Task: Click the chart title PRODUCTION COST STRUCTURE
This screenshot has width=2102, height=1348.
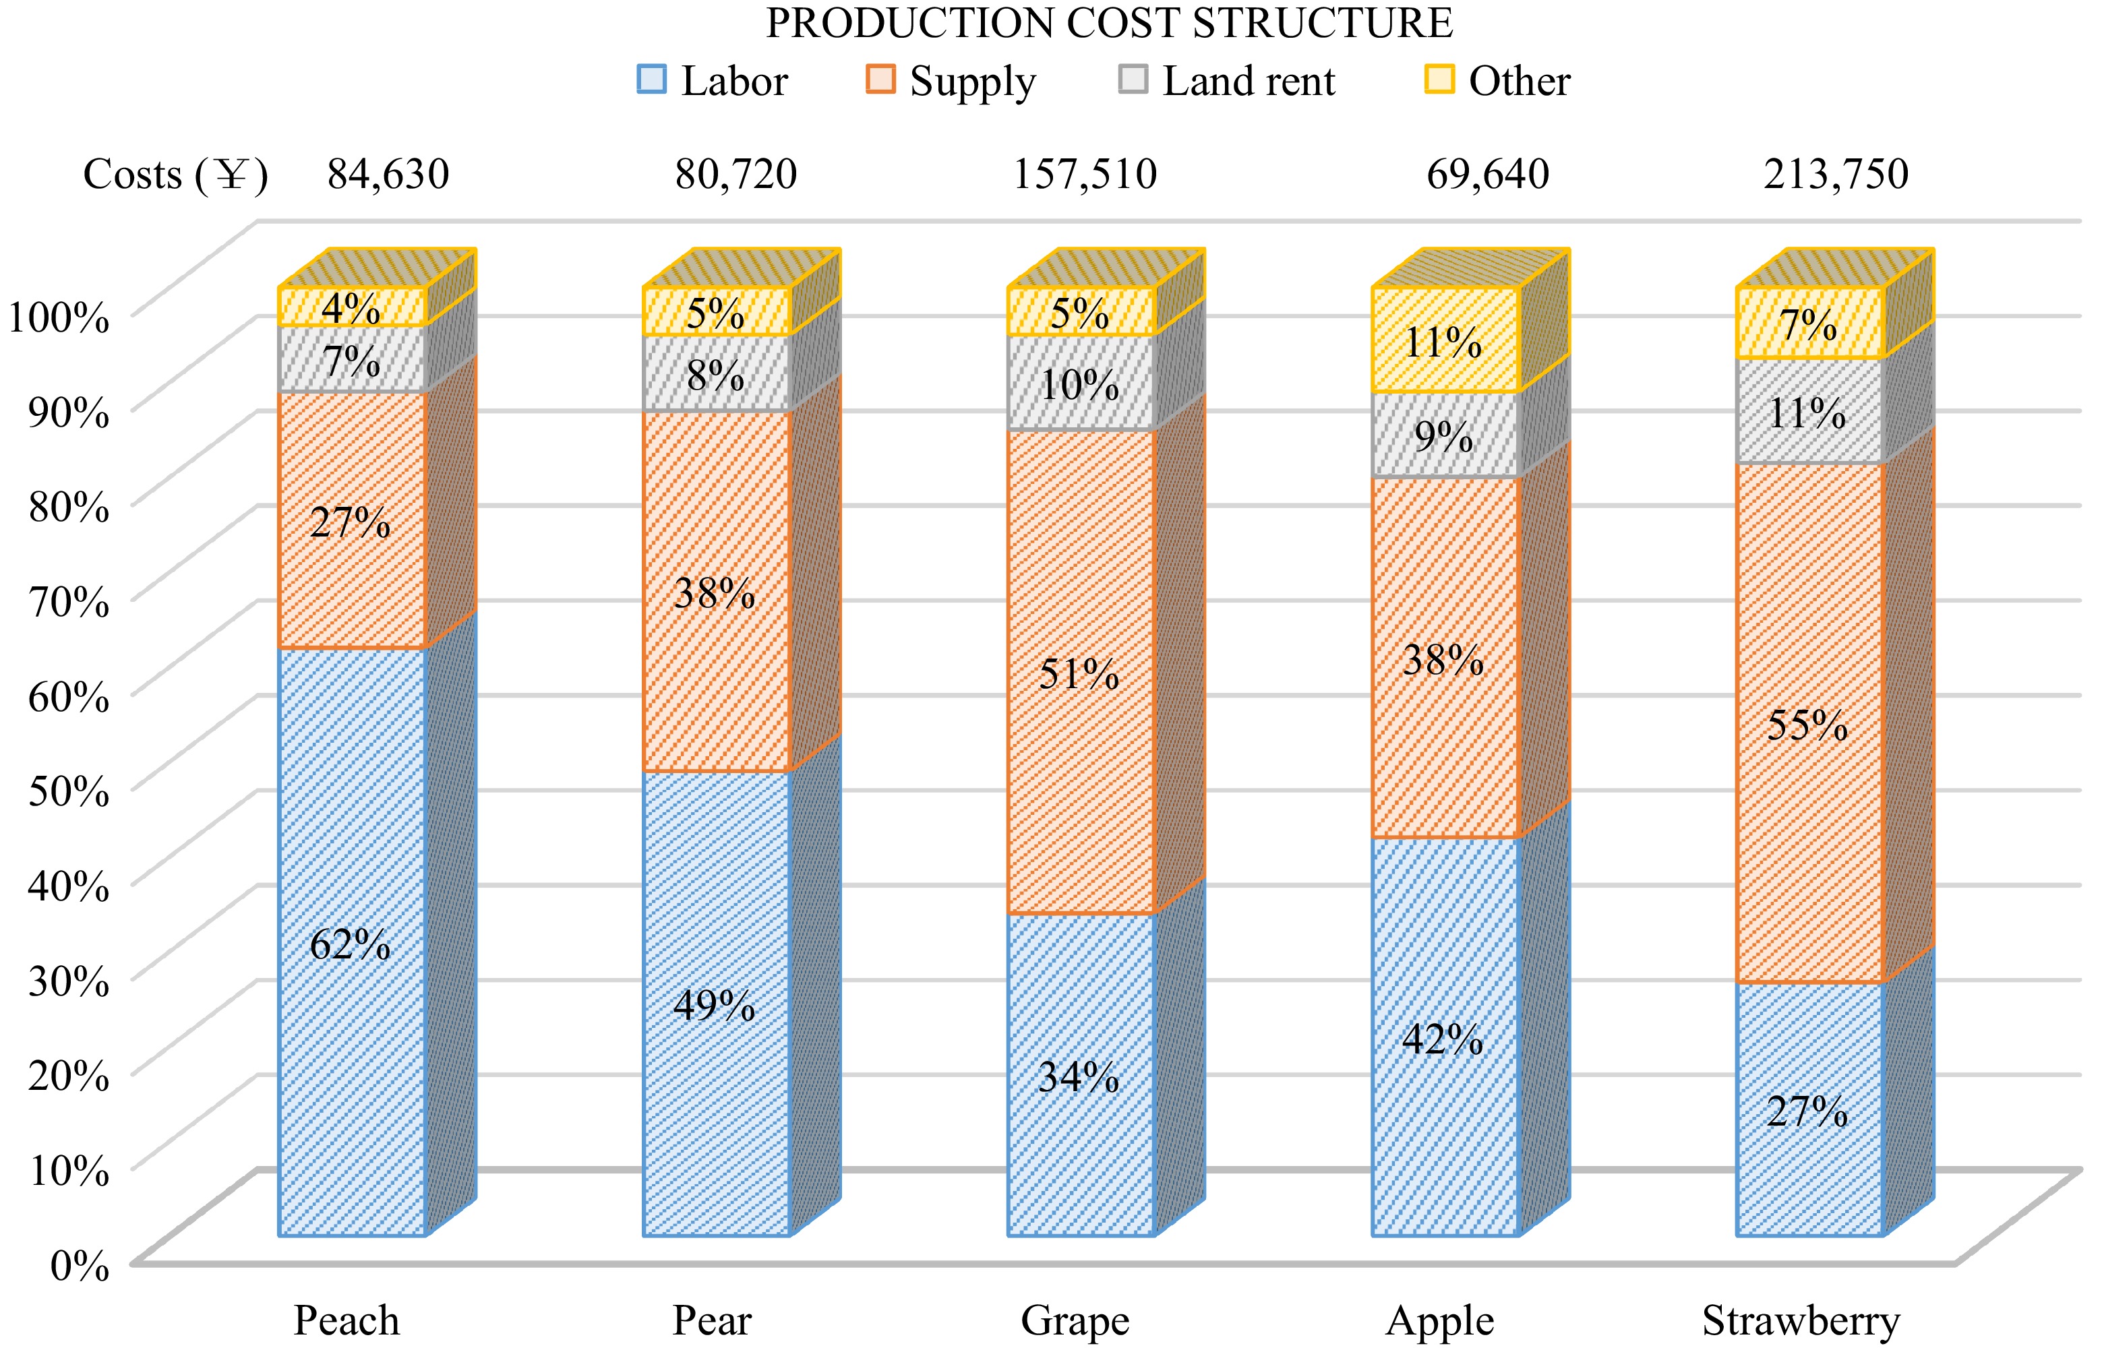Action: [x=1109, y=24]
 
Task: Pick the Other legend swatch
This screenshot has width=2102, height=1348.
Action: [x=1439, y=80]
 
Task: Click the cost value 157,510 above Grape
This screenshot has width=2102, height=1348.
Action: [x=1085, y=174]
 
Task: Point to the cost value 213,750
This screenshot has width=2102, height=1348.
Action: [x=1835, y=174]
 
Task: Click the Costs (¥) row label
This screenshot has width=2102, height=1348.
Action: [x=175, y=174]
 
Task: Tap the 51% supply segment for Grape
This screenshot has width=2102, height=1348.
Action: [x=1081, y=671]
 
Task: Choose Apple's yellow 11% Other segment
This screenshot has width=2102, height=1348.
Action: [x=1445, y=340]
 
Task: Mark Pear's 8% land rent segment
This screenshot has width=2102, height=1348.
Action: [x=716, y=374]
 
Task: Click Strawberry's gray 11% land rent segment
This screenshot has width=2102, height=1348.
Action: [x=1809, y=411]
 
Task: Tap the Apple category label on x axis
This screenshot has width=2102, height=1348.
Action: [x=1439, y=1320]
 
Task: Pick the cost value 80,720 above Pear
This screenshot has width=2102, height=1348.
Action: [x=735, y=174]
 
